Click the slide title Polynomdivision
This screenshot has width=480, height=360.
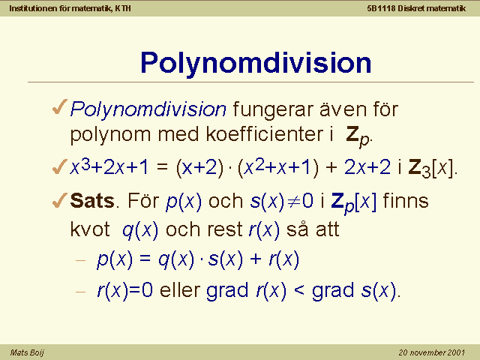pos(256,63)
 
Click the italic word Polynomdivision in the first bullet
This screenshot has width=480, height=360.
pos(148,109)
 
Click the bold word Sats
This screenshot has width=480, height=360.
pos(92,201)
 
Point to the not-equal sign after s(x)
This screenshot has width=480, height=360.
pos(293,202)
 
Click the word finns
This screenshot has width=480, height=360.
pos(406,200)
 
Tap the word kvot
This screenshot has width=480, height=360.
pos(90,229)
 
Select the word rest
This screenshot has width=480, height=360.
pos(225,229)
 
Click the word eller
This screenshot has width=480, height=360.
pos(180,289)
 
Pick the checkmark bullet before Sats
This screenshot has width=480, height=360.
pos(60,200)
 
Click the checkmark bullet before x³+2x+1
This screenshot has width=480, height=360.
pos(60,166)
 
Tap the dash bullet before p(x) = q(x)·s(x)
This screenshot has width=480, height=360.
pos(80,260)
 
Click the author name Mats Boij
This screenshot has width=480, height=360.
pos(27,352)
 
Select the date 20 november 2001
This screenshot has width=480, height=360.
pos(432,352)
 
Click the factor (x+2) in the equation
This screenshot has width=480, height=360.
pos(199,168)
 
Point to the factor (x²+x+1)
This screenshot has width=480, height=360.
pos(278,167)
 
